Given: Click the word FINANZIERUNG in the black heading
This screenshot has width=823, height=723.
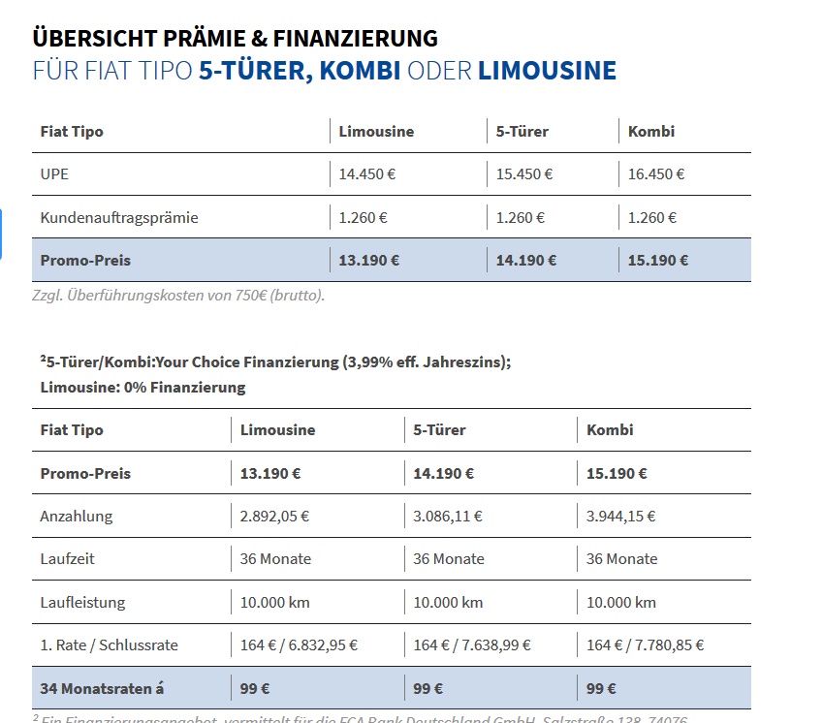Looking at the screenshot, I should [355, 39].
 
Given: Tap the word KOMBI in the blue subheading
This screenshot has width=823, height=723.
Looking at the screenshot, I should [360, 71].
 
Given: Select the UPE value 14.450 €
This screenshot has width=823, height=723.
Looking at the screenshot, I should [367, 174].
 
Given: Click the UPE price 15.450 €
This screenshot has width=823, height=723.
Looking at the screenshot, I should [524, 174].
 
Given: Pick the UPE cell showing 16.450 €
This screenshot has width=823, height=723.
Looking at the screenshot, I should [656, 174].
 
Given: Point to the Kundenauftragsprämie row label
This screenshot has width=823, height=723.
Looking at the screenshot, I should [119, 218].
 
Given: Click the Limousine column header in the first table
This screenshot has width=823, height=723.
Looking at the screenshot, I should [376, 132].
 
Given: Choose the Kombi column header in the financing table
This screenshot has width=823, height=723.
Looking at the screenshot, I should [611, 430].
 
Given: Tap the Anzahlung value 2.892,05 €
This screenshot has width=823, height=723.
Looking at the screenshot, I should [275, 517].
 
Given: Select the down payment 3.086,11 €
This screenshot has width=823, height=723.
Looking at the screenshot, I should [448, 517].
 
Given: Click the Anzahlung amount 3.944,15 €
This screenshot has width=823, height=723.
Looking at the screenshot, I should [621, 517].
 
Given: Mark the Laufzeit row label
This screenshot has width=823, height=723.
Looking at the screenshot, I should [68, 559].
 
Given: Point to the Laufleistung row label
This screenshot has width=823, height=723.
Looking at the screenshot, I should [83, 602].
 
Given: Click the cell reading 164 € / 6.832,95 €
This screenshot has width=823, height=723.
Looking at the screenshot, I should [300, 644].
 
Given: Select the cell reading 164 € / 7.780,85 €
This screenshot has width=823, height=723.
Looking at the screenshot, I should [646, 644].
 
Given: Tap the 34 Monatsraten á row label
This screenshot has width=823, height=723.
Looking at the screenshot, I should [102, 688].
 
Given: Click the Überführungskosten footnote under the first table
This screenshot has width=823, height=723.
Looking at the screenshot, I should [178, 296].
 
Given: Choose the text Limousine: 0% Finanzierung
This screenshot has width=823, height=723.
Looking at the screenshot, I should [143, 388].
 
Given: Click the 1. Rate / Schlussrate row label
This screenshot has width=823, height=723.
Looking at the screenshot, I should [110, 644].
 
